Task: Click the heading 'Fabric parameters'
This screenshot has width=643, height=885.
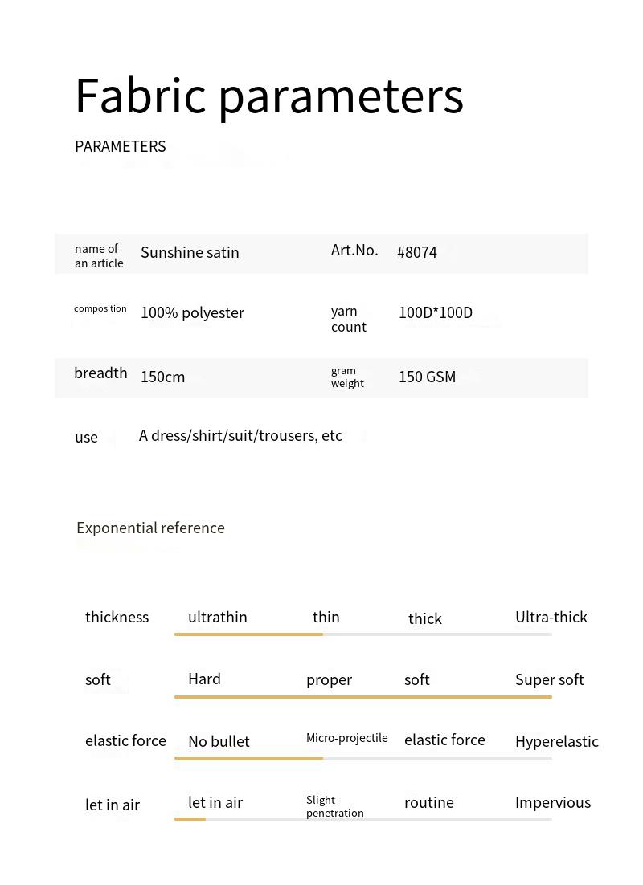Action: point(269,96)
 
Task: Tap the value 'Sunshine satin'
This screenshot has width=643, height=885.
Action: point(190,252)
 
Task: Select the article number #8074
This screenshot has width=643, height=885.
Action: point(417,252)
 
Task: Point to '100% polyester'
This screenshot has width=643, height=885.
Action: point(192,312)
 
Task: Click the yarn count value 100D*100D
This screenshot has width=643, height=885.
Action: point(436,312)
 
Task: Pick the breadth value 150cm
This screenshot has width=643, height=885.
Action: point(162,377)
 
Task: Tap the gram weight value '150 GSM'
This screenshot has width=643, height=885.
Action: point(427,377)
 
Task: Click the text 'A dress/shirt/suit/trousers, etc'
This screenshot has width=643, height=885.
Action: point(240,435)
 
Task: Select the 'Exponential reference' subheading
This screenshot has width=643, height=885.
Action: point(150,528)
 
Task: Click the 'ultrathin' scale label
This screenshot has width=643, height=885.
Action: point(217,617)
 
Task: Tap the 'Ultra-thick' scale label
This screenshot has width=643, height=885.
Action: point(551,617)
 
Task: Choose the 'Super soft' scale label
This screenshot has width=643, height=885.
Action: point(550,679)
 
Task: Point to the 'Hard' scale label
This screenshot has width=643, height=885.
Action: point(204,679)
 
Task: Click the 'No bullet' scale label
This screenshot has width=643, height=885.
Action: point(219,741)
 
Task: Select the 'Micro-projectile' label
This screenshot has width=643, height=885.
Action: point(347,738)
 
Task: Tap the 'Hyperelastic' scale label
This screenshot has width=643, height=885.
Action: point(557,741)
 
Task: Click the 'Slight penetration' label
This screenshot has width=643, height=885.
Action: point(334,806)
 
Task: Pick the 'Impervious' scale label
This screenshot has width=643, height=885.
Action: point(553,802)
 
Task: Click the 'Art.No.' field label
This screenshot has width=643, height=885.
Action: point(354,250)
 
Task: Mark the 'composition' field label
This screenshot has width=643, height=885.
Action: point(100,308)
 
